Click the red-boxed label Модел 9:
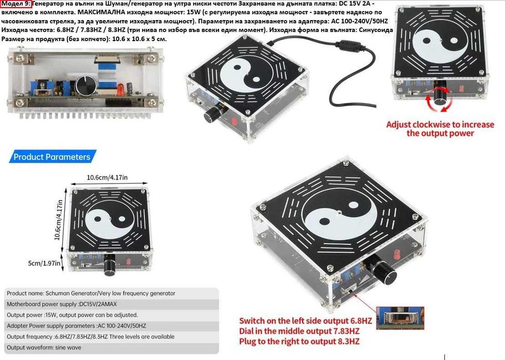(x=16, y=4)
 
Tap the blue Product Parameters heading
(x=52, y=157)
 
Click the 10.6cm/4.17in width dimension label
(x=107, y=177)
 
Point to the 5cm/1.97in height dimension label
(x=44, y=263)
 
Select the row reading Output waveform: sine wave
(x=44, y=348)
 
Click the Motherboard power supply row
(x=62, y=304)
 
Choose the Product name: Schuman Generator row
(x=91, y=293)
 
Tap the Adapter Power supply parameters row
(x=76, y=326)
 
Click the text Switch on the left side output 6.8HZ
(x=305, y=321)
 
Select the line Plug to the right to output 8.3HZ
(x=299, y=341)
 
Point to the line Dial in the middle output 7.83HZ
(x=299, y=331)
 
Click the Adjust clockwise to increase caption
(x=440, y=124)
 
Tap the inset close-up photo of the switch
(x=400, y=317)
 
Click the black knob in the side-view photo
(x=86, y=86)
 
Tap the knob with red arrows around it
(x=439, y=95)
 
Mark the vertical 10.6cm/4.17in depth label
(x=58, y=220)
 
